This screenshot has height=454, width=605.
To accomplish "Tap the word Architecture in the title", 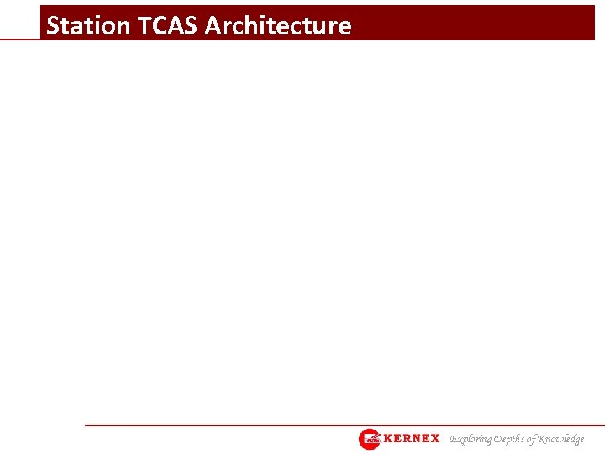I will tap(277, 26).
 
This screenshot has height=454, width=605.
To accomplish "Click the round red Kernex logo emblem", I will tap(370, 439).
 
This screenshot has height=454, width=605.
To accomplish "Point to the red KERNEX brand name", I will tap(412, 439).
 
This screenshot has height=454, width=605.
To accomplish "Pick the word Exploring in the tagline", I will tap(472, 439).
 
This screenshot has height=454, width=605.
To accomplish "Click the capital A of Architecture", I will tap(213, 26).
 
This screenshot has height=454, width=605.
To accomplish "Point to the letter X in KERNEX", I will tap(434, 439).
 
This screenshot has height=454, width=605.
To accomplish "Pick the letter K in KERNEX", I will tap(388, 439).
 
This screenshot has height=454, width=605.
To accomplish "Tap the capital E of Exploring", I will tap(455, 439).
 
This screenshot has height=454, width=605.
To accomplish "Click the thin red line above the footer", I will tap(336, 425).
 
